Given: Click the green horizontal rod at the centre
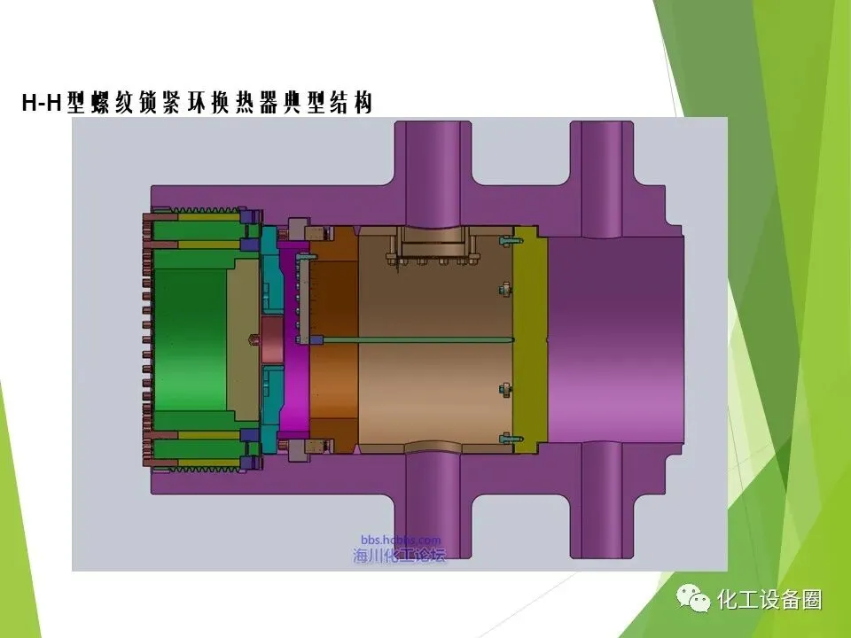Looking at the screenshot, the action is (x=411, y=340).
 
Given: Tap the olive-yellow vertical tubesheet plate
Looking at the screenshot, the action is (x=530, y=340).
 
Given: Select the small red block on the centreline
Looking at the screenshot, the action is (x=272, y=340).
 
